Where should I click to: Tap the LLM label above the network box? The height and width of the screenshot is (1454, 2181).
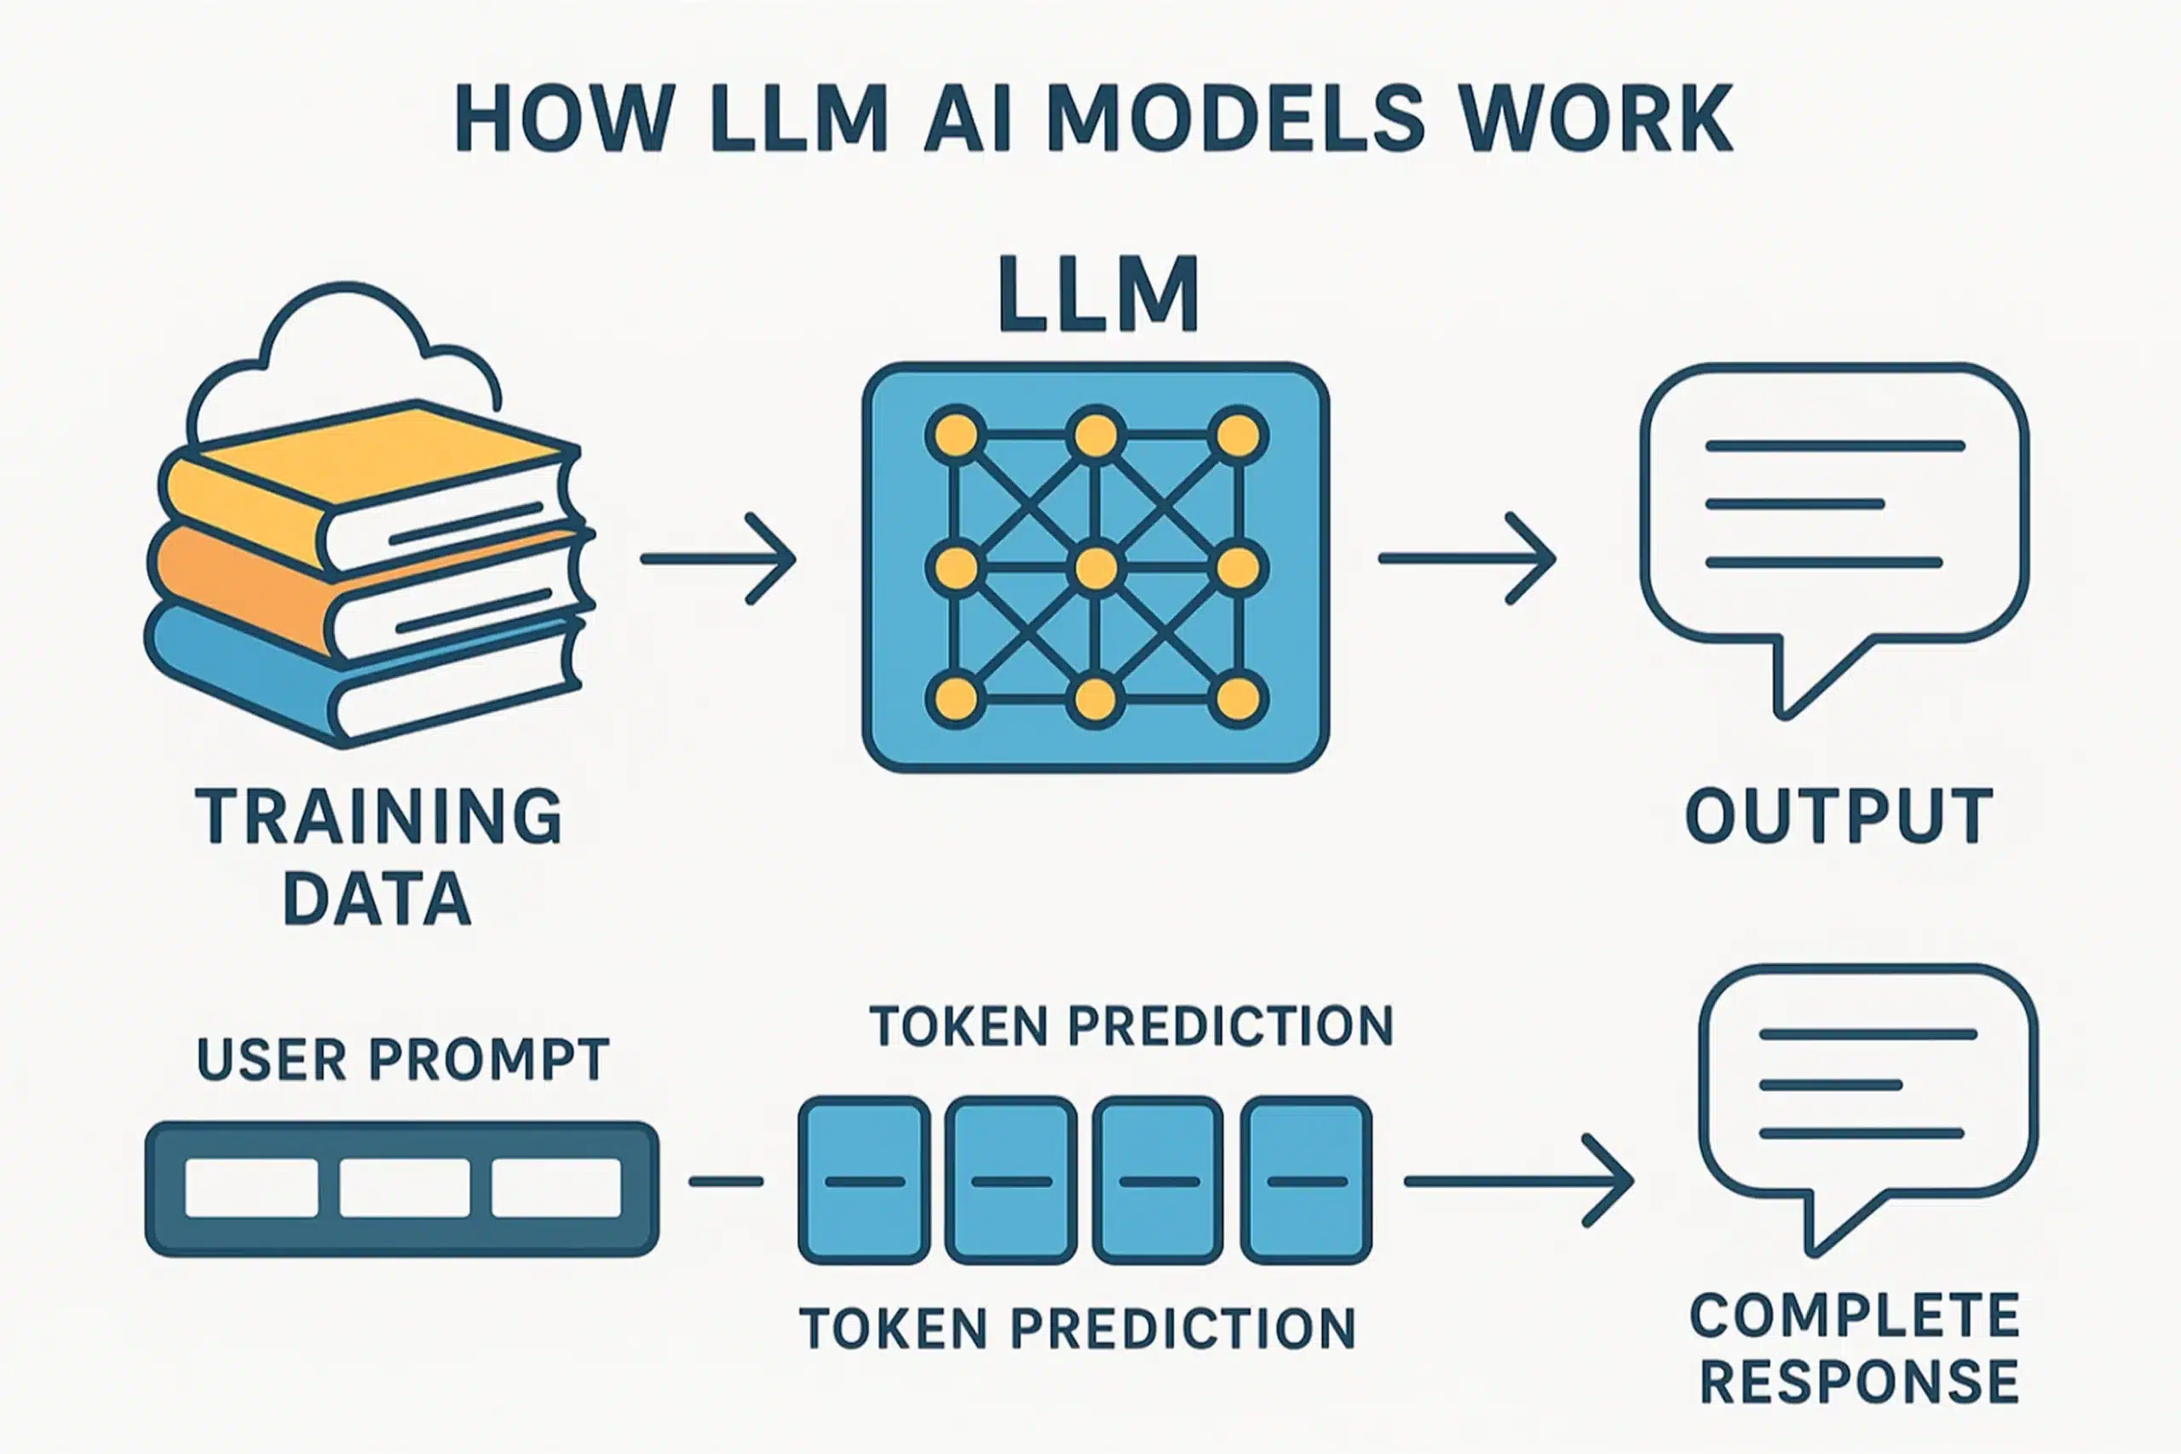[1099, 294]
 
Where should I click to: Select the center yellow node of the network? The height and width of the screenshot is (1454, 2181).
[1096, 567]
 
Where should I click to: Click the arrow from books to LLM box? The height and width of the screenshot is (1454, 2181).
[719, 558]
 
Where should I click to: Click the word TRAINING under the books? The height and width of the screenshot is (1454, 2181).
[378, 816]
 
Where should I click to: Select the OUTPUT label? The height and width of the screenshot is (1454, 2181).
[1839, 816]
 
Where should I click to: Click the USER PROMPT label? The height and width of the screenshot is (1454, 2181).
[403, 1059]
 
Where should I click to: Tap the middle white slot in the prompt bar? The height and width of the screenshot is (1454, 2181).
[405, 1188]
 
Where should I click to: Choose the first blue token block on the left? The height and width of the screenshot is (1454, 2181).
[864, 1181]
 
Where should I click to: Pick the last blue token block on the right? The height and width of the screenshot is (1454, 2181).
[1306, 1181]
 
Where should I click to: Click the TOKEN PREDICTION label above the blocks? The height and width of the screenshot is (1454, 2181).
[1131, 1026]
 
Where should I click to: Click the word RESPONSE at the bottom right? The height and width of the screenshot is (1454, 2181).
[1859, 1382]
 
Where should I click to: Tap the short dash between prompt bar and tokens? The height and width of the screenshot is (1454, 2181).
[725, 1181]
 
